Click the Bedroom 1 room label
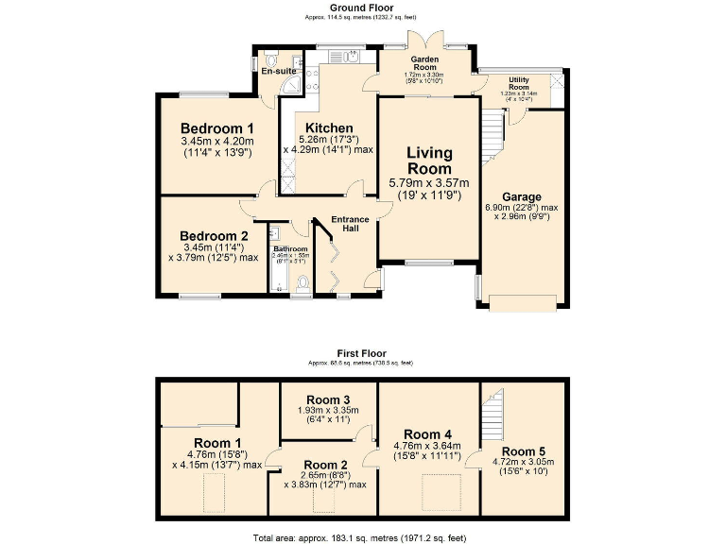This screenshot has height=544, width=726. pos(217,129)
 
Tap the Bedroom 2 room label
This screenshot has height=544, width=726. pos(215,236)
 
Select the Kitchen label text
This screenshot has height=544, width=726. pos(328,128)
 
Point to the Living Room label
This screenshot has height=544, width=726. pos(430,161)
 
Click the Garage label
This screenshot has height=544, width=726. pos(521,197)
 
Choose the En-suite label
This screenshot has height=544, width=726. pos(279,71)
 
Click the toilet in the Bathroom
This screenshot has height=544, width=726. pos(302,283)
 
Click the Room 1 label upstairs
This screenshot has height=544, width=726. pos(217,442)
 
